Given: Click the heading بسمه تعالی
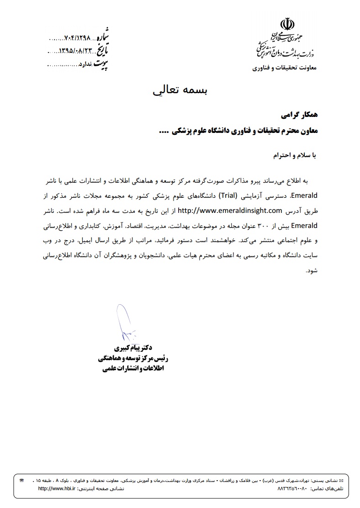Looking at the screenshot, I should [180, 90].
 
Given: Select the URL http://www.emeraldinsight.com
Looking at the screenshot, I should [230, 210].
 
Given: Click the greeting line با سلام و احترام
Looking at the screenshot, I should [292, 156].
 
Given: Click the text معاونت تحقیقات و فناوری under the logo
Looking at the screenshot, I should [287, 68].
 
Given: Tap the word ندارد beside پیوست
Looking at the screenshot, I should [85, 65].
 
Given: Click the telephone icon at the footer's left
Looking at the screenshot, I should [21, 481].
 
